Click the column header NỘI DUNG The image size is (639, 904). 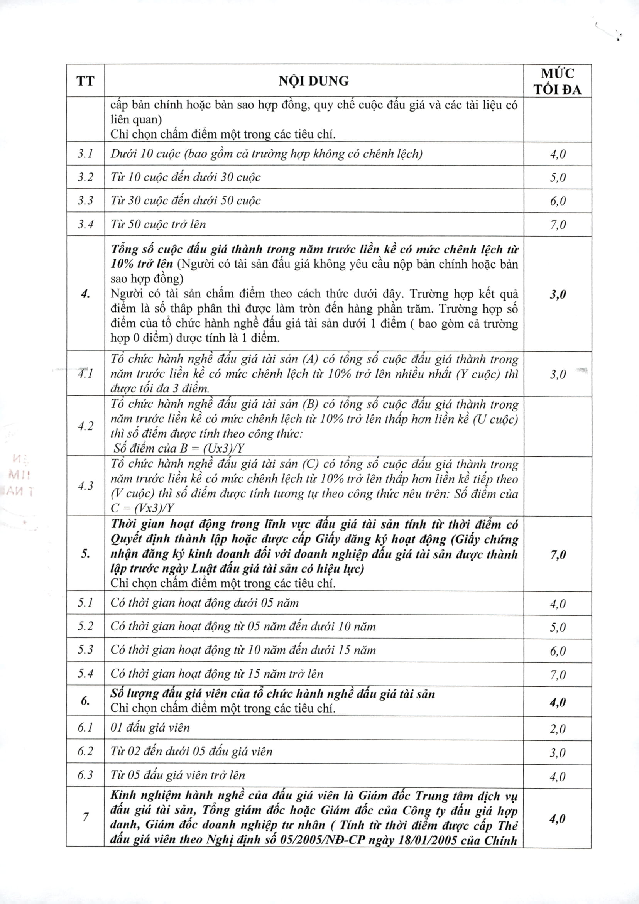tap(313, 81)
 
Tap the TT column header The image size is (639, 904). tap(85, 81)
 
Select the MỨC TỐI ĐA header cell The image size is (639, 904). tap(557, 81)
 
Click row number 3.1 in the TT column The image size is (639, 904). tap(85, 154)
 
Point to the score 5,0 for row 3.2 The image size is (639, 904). tap(558, 177)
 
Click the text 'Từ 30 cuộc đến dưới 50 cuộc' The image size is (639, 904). tap(186, 201)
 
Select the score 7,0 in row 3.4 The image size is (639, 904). tap(558, 225)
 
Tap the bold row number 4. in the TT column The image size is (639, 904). tap(85, 294)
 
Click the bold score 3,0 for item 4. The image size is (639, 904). tap(558, 294)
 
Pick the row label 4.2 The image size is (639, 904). tap(85, 426)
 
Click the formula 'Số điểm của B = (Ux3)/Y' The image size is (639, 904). tap(180, 448)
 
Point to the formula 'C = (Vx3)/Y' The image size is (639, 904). tap(142, 508)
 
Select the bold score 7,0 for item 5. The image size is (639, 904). tap(558, 554)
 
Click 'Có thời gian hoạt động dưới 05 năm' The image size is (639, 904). tap(205, 603)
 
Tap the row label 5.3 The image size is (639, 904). tap(85, 650)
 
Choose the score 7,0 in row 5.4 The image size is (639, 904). tap(558, 674)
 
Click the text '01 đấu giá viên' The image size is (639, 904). tap(150, 728)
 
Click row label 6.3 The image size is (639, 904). tap(85, 775)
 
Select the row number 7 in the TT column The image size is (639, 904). tap(85, 817)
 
